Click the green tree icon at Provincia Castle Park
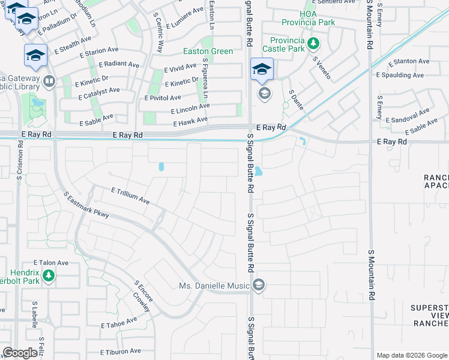pyautogui.click(x=312, y=43)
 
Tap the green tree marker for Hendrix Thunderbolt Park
pyautogui.click(x=49, y=276)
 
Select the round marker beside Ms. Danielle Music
pyautogui.click(x=259, y=285)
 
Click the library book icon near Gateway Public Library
pyautogui.click(x=49, y=81)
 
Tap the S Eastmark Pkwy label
pyautogui.click(x=86, y=205)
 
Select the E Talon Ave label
pyautogui.click(x=52, y=263)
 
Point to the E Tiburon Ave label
pyautogui.click(x=120, y=352)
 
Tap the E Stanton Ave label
pyautogui.click(x=409, y=61)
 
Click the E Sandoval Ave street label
pyautogui.click(x=408, y=116)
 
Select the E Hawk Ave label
pyautogui.click(x=190, y=122)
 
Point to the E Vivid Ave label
pyautogui.click(x=178, y=67)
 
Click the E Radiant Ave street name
pyautogui.click(x=119, y=64)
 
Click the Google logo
pyautogui.click(x=20, y=353)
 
